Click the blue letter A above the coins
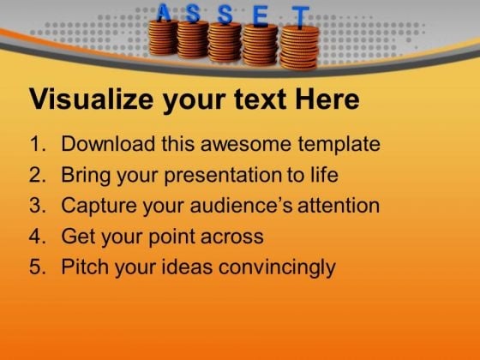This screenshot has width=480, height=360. (x=164, y=13)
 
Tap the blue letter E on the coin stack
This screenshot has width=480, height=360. (x=261, y=17)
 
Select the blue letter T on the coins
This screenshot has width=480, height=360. (x=300, y=18)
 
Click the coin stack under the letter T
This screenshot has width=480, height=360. (x=299, y=48)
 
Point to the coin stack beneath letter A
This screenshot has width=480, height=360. (x=163, y=38)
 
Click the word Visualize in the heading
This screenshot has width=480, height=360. (x=91, y=99)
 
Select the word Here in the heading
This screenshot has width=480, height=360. (x=327, y=99)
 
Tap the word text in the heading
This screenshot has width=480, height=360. (x=260, y=99)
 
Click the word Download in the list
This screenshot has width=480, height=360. (x=108, y=143)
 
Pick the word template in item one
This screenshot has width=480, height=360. (x=339, y=145)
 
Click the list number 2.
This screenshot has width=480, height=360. (x=38, y=175)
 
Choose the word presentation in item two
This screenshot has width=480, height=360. (x=222, y=176)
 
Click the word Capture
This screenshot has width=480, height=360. (x=99, y=206)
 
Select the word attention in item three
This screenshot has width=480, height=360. (x=339, y=205)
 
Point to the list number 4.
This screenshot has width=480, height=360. (x=38, y=237)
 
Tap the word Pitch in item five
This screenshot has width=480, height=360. (x=85, y=267)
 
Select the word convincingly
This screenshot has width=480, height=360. (x=277, y=267)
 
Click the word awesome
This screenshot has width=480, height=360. (x=246, y=145)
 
